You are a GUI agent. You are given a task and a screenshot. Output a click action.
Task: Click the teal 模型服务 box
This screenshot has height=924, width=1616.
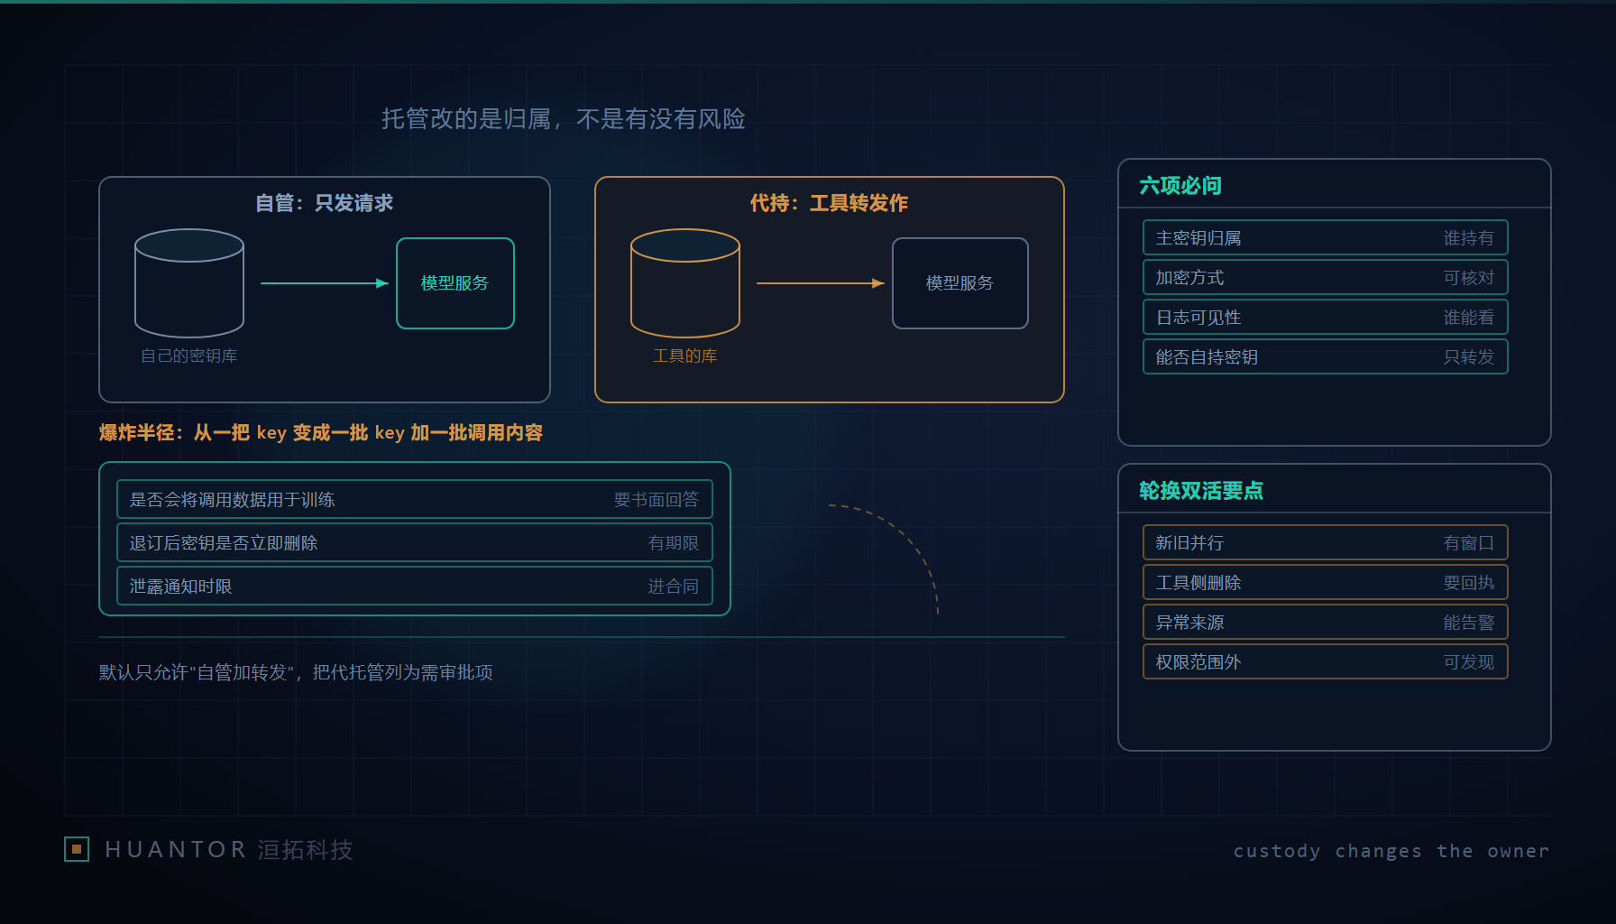(x=455, y=283)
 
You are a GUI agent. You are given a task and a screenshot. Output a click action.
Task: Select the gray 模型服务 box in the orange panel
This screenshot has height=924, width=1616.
(x=960, y=283)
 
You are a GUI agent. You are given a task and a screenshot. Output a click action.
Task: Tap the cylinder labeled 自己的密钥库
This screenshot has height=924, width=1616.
(x=189, y=283)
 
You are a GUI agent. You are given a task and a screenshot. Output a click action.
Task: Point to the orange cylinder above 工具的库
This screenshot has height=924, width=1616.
(x=685, y=283)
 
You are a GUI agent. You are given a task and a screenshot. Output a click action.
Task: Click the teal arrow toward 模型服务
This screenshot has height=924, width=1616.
(x=325, y=283)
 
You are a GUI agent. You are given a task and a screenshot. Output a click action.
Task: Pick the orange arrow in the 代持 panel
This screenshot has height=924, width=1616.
(x=821, y=283)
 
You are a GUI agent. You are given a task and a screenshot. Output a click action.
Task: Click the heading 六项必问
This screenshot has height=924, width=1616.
(x=1180, y=186)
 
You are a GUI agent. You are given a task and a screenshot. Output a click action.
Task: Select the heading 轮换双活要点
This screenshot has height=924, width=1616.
(x=1201, y=491)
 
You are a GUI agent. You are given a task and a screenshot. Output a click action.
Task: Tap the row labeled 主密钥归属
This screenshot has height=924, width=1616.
(x=1326, y=238)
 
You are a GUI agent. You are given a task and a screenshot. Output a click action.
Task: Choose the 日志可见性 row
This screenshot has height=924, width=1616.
(x=1326, y=318)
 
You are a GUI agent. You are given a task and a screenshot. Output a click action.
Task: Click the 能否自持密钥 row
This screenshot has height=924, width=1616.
(x=1326, y=357)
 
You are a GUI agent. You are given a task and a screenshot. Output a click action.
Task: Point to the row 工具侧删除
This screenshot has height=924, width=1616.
(x=1326, y=583)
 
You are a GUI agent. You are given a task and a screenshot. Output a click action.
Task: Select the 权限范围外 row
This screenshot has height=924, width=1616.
(x=1326, y=662)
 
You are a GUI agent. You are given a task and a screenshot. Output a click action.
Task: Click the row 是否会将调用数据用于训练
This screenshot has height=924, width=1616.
(x=415, y=500)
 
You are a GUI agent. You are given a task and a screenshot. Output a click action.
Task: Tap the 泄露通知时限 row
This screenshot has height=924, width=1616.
(x=415, y=587)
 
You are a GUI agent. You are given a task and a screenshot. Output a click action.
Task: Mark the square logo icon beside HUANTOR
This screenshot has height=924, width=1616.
(x=77, y=849)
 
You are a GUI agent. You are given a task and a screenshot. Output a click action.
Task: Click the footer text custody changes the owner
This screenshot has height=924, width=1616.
(x=1391, y=851)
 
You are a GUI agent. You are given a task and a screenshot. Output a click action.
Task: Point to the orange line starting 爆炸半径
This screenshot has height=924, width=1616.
(x=321, y=433)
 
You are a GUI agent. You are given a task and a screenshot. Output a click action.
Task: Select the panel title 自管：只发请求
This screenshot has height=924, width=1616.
(x=325, y=203)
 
